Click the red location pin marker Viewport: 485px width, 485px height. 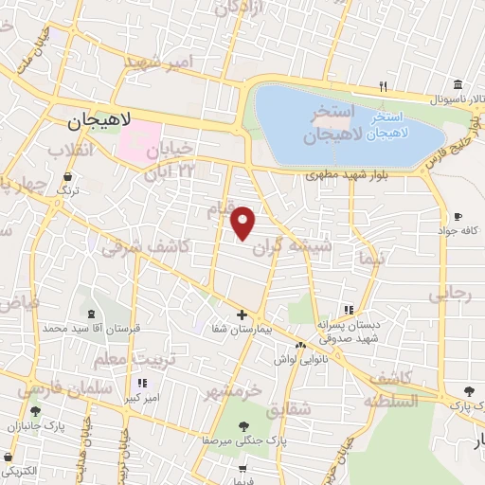(x=243, y=222)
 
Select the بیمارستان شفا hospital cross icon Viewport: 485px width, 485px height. (x=242, y=314)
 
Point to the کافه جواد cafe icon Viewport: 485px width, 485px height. (x=458, y=216)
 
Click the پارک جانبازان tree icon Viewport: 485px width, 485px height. (x=35, y=411)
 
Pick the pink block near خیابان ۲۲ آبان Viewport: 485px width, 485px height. (x=139, y=139)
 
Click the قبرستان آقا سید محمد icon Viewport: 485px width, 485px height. (x=92, y=314)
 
